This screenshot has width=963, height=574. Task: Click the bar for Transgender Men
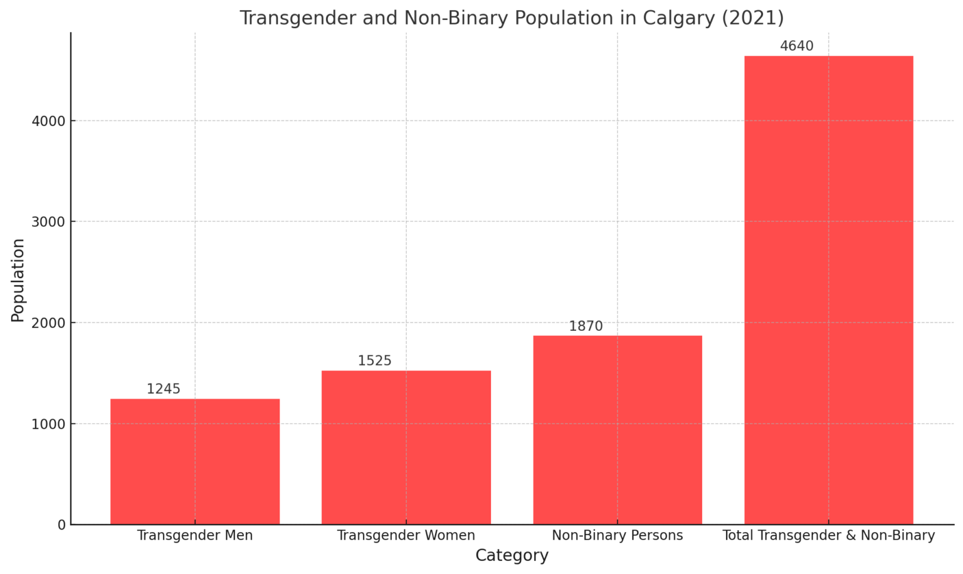click(195, 461)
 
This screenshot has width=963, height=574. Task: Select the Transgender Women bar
click(406, 447)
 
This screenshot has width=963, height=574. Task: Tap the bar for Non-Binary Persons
click(618, 430)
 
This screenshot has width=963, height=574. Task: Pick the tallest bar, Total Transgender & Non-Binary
click(828, 290)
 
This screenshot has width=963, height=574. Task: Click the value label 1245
click(164, 389)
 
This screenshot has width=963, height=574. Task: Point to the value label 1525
click(375, 361)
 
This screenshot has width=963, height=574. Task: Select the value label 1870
click(586, 326)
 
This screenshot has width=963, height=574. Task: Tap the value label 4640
click(797, 46)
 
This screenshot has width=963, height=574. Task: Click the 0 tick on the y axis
click(61, 525)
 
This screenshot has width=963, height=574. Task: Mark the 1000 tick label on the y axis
click(49, 424)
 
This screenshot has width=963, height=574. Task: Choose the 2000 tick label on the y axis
click(49, 323)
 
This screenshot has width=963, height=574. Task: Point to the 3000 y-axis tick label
click(49, 222)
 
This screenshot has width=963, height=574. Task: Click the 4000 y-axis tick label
click(49, 121)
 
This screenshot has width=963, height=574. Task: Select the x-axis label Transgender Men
click(195, 536)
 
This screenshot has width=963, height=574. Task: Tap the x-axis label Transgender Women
click(406, 536)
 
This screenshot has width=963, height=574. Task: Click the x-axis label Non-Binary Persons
click(618, 536)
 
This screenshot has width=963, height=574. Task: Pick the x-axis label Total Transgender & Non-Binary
click(828, 536)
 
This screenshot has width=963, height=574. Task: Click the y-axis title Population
click(18, 280)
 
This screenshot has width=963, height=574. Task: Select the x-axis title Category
click(512, 556)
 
